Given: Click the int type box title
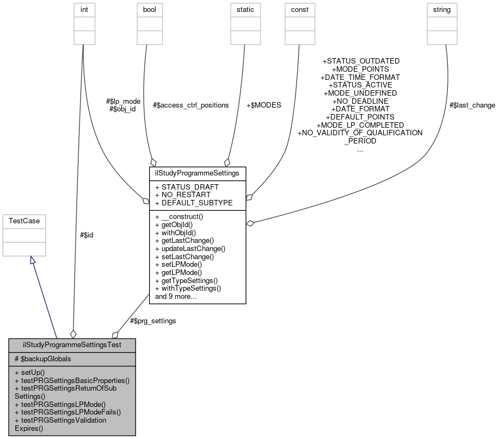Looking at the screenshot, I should (x=82, y=10).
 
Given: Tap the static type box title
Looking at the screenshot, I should (x=244, y=10).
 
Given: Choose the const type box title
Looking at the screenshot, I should (x=299, y=10).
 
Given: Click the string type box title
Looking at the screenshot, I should (x=442, y=10).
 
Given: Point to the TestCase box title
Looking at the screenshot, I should (x=24, y=221).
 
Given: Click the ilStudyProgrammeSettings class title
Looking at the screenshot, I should (x=198, y=173).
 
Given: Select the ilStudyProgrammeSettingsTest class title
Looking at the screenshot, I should (x=72, y=345).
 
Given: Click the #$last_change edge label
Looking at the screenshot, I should (x=472, y=105).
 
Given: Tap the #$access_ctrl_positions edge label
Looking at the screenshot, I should (x=190, y=105).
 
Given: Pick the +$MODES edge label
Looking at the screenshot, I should (x=264, y=105).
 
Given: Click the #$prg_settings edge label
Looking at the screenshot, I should (x=153, y=321).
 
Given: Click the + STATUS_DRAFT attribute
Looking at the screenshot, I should (x=187, y=187).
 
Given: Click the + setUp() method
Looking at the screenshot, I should (x=30, y=373).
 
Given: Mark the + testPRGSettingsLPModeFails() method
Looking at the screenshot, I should (x=68, y=412).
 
